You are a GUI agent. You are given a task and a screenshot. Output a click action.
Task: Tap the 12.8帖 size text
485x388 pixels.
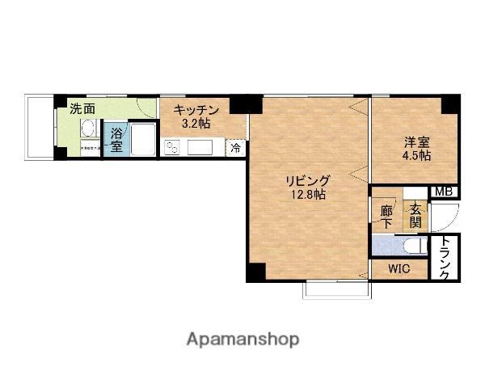[x=309, y=196]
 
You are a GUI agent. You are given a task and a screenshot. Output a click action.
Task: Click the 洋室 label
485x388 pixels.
[x=417, y=141]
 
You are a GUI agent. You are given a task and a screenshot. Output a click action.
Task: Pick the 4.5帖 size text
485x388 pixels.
[x=417, y=155]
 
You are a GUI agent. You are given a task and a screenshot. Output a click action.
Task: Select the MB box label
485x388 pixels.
[x=443, y=192]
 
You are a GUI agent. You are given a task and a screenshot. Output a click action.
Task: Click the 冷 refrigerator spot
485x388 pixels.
[x=236, y=148]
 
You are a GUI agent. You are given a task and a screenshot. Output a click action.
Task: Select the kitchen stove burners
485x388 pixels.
[x=173, y=147]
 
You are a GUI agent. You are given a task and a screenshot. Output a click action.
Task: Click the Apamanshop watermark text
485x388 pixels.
[x=242, y=339]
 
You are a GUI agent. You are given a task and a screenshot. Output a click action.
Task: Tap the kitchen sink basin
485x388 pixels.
[x=200, y=147]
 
